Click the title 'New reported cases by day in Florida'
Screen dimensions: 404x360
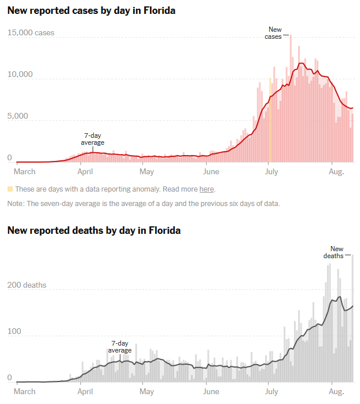[91, 11]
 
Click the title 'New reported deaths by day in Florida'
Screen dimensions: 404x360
[94, 230]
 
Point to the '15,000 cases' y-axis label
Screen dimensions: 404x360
[31, 33]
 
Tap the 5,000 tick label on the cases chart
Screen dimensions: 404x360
[19, 116]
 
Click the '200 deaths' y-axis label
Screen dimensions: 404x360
[27, 285]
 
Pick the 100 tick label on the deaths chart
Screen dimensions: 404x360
[13, 332]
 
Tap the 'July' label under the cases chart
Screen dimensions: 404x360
[270, 172]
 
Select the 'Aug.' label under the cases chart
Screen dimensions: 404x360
[336, 172]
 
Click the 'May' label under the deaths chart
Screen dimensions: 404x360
[146, 391]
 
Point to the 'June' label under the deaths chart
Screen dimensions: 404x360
[211, 391]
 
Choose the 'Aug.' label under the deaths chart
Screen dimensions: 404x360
[336, 391]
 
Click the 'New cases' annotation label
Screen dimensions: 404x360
[273, 33]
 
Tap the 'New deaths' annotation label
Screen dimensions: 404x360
[333, 252]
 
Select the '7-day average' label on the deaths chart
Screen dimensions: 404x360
[121, 347]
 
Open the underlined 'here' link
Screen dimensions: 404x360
[207, 189]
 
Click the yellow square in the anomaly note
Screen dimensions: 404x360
[10, 189]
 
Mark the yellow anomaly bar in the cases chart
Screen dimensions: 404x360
[270, 122]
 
